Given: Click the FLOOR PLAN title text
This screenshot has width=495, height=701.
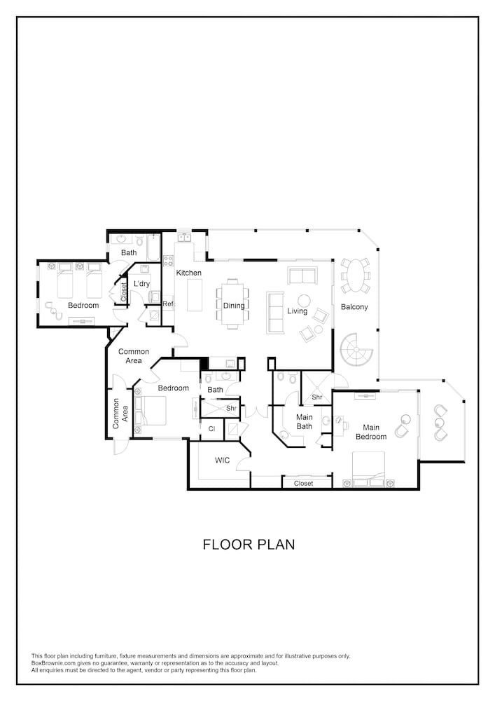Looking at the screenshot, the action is coord(249,544).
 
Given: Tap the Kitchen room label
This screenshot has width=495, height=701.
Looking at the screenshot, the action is coord(189,272).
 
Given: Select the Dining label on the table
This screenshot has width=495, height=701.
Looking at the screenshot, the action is coord(234,306).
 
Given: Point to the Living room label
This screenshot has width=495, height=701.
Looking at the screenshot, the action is coord(298,311).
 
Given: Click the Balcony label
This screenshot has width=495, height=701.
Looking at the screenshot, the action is coord(354,307).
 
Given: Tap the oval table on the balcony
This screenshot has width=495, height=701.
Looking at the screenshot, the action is coord(355,275).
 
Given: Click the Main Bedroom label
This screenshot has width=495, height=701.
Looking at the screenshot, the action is coord(371,432).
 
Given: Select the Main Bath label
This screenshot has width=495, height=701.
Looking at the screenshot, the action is coord(305,421).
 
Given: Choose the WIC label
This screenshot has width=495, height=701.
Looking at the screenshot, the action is coord(222,460).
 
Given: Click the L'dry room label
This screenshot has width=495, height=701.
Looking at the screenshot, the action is coord(142,283).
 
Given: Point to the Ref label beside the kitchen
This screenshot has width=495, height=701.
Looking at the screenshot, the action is coord(168,304).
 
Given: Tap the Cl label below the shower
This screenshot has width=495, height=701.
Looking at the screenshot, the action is coord(212,429).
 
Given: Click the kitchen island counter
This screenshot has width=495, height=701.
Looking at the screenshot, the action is coord(195,294).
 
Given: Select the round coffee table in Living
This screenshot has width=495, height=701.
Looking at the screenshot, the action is coord(305,300).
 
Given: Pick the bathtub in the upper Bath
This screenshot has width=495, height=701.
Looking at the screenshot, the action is coord(153,246).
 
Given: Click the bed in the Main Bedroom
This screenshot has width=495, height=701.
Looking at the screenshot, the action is coord(368,470).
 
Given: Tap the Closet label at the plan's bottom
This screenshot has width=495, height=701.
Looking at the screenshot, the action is coord(304,483).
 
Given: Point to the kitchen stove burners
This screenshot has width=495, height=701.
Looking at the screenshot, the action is coord(168,261).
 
